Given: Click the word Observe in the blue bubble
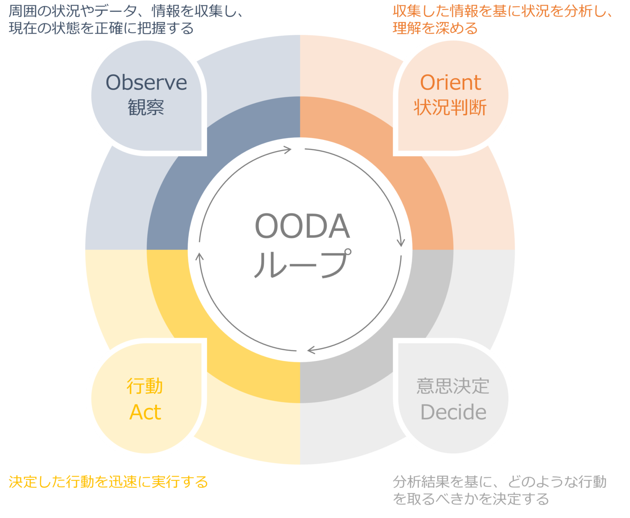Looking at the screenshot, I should (146, 82).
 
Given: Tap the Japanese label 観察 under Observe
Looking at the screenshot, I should (146, 107).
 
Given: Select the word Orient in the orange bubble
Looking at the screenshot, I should (450, 82).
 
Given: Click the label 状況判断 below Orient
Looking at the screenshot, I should (450, 107).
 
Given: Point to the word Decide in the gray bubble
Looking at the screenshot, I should (453, 412).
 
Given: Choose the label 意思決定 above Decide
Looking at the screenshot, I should (453, 386).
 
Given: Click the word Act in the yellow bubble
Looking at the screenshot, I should (145, 412).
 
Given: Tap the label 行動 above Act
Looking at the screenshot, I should (145, 386).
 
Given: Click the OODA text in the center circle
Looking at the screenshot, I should (302, 226).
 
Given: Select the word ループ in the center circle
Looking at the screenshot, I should (302, 264).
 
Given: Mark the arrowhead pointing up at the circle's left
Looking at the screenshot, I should (199, 257).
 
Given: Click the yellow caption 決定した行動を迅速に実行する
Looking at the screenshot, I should (108, 481).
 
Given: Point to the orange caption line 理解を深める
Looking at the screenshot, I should (435, 28).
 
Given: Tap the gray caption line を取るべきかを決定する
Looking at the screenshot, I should (470, 499).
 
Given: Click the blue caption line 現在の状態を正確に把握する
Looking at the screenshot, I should (101, 28).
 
